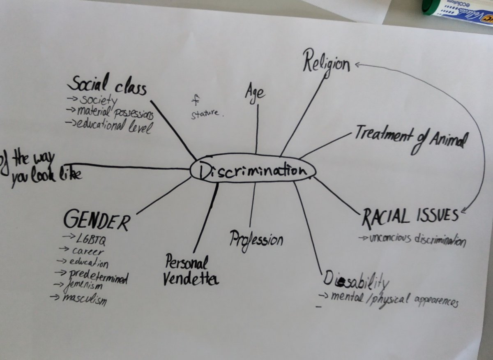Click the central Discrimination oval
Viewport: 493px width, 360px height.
(x=253, y=170)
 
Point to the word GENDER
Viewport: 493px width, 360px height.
(x=97, y=221)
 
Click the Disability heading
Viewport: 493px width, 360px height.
(x=356, y=279)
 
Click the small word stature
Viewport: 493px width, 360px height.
(x=206, y=113)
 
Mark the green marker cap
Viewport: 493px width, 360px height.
(x=429, y=7)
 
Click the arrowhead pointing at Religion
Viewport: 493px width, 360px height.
(x=356, y=64)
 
